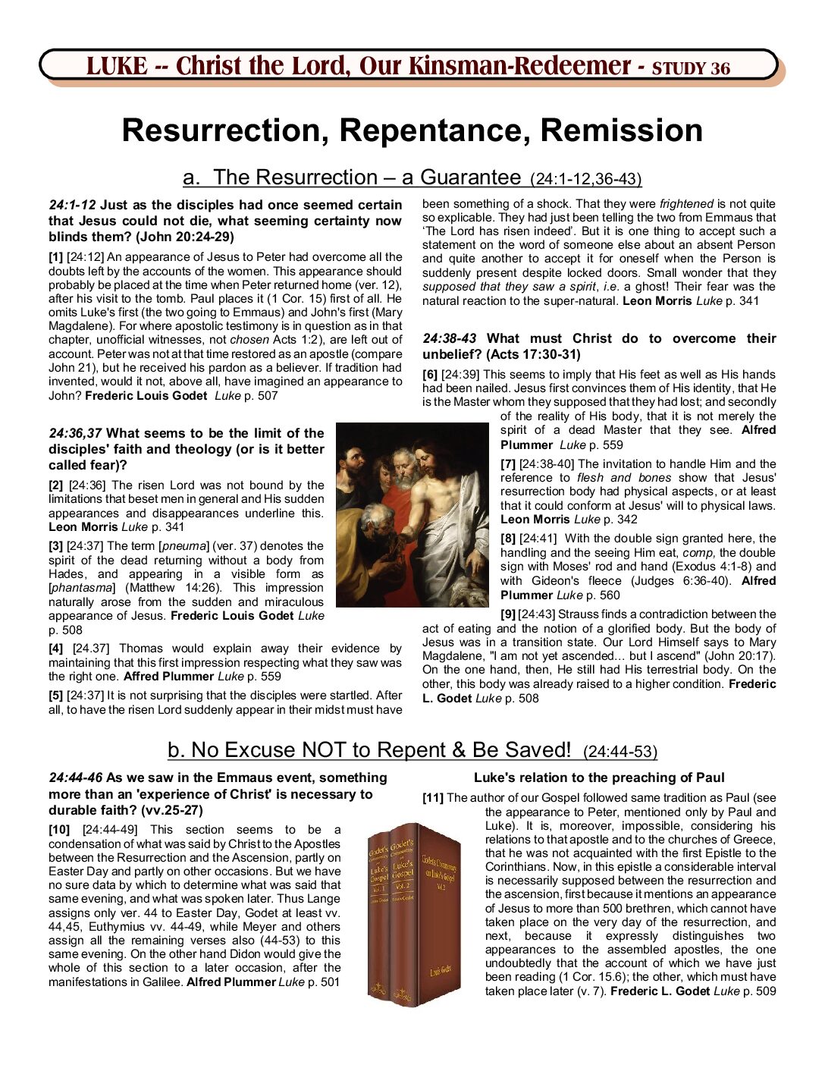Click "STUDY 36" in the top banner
coord(691,68)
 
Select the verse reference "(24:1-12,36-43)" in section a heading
coord(585,180)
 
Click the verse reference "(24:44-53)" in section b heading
coord(620,752)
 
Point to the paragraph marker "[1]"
coord(55,257)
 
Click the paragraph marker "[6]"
coord(429,375)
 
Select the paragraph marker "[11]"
coord(433,798)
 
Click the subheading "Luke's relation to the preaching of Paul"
coord(599,777)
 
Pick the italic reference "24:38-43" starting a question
coord(450,339)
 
